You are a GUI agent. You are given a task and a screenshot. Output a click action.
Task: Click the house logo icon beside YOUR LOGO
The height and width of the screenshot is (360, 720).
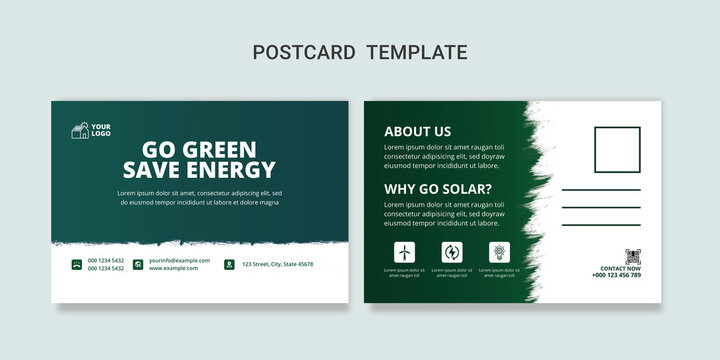click(x=79, y=130)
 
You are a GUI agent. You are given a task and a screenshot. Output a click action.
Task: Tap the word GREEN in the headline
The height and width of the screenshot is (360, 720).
click(x=223, y=150)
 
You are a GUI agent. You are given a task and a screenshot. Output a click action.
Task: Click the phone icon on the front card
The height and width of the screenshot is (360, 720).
click(x=76, y=264)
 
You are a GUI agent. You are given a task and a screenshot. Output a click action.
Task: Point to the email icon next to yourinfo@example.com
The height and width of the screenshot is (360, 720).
click(x=140, y=264)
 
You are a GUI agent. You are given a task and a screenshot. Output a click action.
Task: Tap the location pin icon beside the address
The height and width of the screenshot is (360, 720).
click(x=229, y=264)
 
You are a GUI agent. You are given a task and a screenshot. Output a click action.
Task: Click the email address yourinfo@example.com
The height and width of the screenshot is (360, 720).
click(x=179, y=260)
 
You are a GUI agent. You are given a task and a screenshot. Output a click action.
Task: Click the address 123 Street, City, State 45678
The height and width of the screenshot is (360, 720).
click(x=277, y=264)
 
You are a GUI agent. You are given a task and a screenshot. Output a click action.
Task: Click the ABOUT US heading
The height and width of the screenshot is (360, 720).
click(x=417, y=131)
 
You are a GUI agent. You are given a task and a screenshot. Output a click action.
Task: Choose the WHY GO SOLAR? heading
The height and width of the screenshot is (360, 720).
click(x=437, y=189)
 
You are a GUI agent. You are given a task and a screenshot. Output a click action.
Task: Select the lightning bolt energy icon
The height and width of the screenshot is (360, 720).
click(x=452, y=252)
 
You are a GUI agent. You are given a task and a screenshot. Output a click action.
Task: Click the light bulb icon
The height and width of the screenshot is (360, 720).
click(x=499, y=252)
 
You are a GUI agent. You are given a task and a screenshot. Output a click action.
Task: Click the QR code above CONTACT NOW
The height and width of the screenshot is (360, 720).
click(x=632, y=256)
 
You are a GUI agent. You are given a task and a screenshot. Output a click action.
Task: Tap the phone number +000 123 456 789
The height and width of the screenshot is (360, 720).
click(x=617, y=275)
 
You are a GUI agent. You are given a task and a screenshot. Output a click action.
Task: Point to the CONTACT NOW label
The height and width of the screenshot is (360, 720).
click(x=620, y=268)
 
